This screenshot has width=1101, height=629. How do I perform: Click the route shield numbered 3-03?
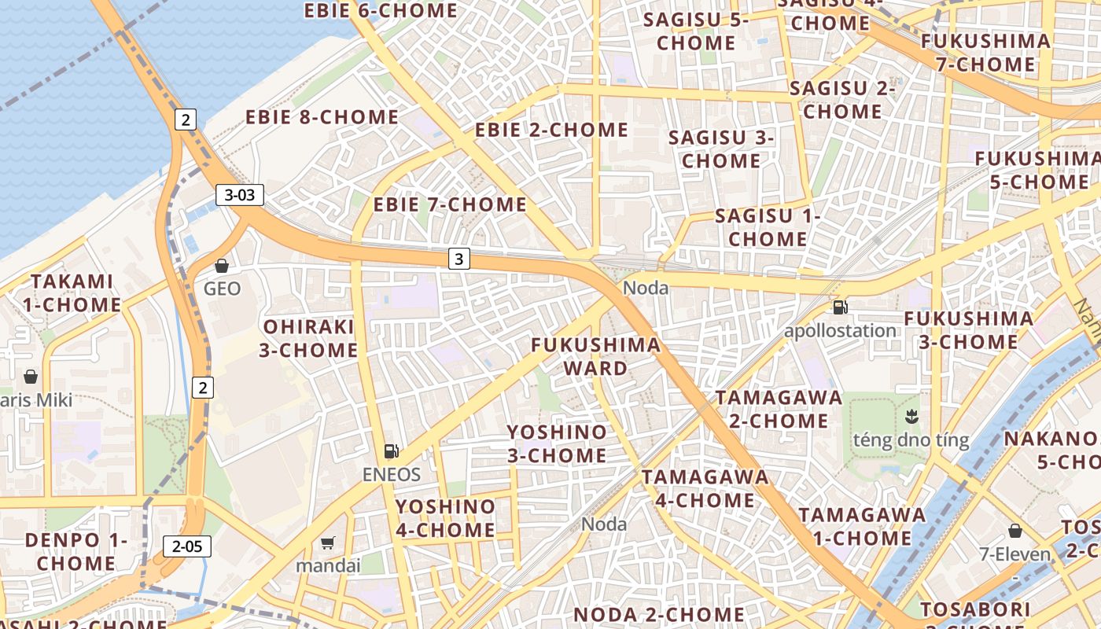(240, 195)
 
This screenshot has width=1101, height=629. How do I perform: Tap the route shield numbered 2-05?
(187, 546)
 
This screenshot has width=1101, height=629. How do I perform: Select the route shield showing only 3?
(459, 258)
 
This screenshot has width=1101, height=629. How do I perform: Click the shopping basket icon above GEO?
(222, 266)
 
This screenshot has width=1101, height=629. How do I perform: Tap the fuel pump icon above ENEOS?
(391, 451)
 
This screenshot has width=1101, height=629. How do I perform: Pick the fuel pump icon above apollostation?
(840, 307)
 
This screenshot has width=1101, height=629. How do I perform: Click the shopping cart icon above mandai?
(328, 543)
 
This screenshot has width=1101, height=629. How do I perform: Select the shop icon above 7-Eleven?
(1014, 531)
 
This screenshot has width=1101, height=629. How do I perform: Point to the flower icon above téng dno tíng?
(911, 415)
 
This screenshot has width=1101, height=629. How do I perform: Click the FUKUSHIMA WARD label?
(595, 356)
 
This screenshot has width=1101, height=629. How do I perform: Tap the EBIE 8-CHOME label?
(322, 117)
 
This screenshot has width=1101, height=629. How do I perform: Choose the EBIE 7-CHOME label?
(450, 204)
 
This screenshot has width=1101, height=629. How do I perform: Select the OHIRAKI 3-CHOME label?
(309, 338)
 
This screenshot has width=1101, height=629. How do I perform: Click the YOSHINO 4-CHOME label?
(445, 518)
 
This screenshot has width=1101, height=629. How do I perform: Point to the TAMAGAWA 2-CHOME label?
(779, 409)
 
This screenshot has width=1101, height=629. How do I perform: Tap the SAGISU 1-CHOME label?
(768, 227)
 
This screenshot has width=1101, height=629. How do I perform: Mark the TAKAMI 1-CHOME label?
(72, 292)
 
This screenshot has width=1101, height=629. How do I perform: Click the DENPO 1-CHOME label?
(75, 551)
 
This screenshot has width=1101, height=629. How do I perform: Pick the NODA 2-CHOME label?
(659, 614)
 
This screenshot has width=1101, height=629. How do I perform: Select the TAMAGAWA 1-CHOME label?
(862, 526)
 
